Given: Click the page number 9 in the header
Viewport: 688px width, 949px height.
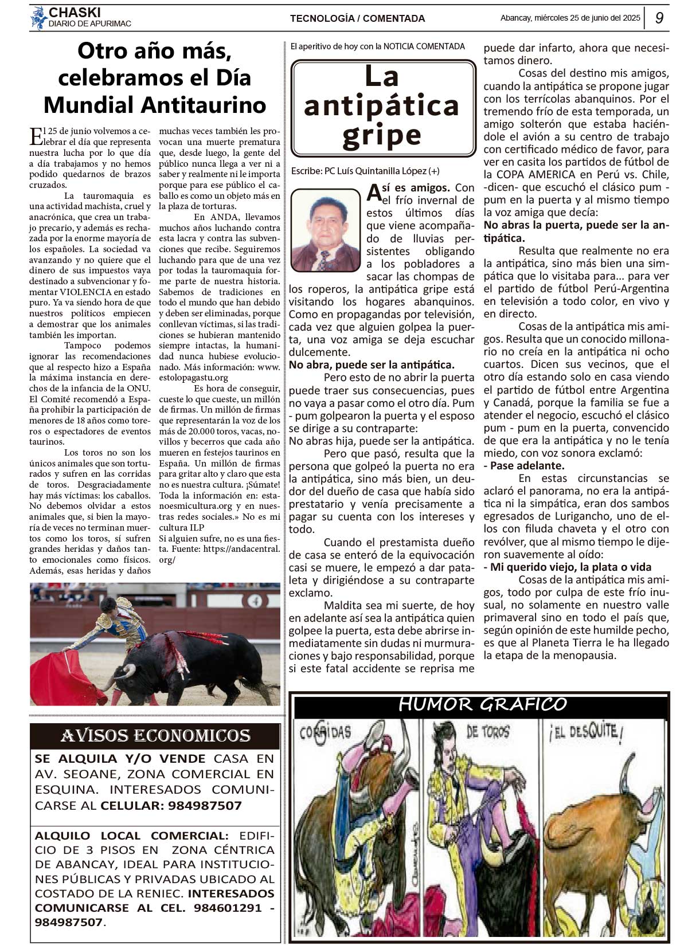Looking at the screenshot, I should tap(659, 18).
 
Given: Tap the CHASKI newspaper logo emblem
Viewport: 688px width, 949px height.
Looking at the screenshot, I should tap(38, 18).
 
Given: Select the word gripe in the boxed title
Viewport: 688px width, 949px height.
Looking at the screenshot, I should tap(382, 135).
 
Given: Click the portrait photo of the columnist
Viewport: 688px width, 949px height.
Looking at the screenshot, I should tap(325, 230).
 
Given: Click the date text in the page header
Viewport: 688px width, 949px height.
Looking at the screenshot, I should tap(570, 18).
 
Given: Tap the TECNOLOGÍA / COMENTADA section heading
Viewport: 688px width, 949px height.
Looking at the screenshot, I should tap(357, 18).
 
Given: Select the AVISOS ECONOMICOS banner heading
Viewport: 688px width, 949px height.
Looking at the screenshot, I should tap(155, 736).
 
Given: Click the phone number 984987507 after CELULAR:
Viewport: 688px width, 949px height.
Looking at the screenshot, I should tap(205, 806).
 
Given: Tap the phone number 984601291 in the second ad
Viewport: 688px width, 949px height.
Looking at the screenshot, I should tap(228, 908).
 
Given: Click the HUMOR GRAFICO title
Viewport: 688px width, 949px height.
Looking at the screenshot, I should tap(482, 704).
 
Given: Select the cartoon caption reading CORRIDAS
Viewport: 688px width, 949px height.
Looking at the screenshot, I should tap(325, 733).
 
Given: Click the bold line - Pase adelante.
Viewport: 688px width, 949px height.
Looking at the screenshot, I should tap(524, 465).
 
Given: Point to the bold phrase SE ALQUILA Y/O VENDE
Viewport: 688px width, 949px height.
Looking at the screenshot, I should tap(120, 759).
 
